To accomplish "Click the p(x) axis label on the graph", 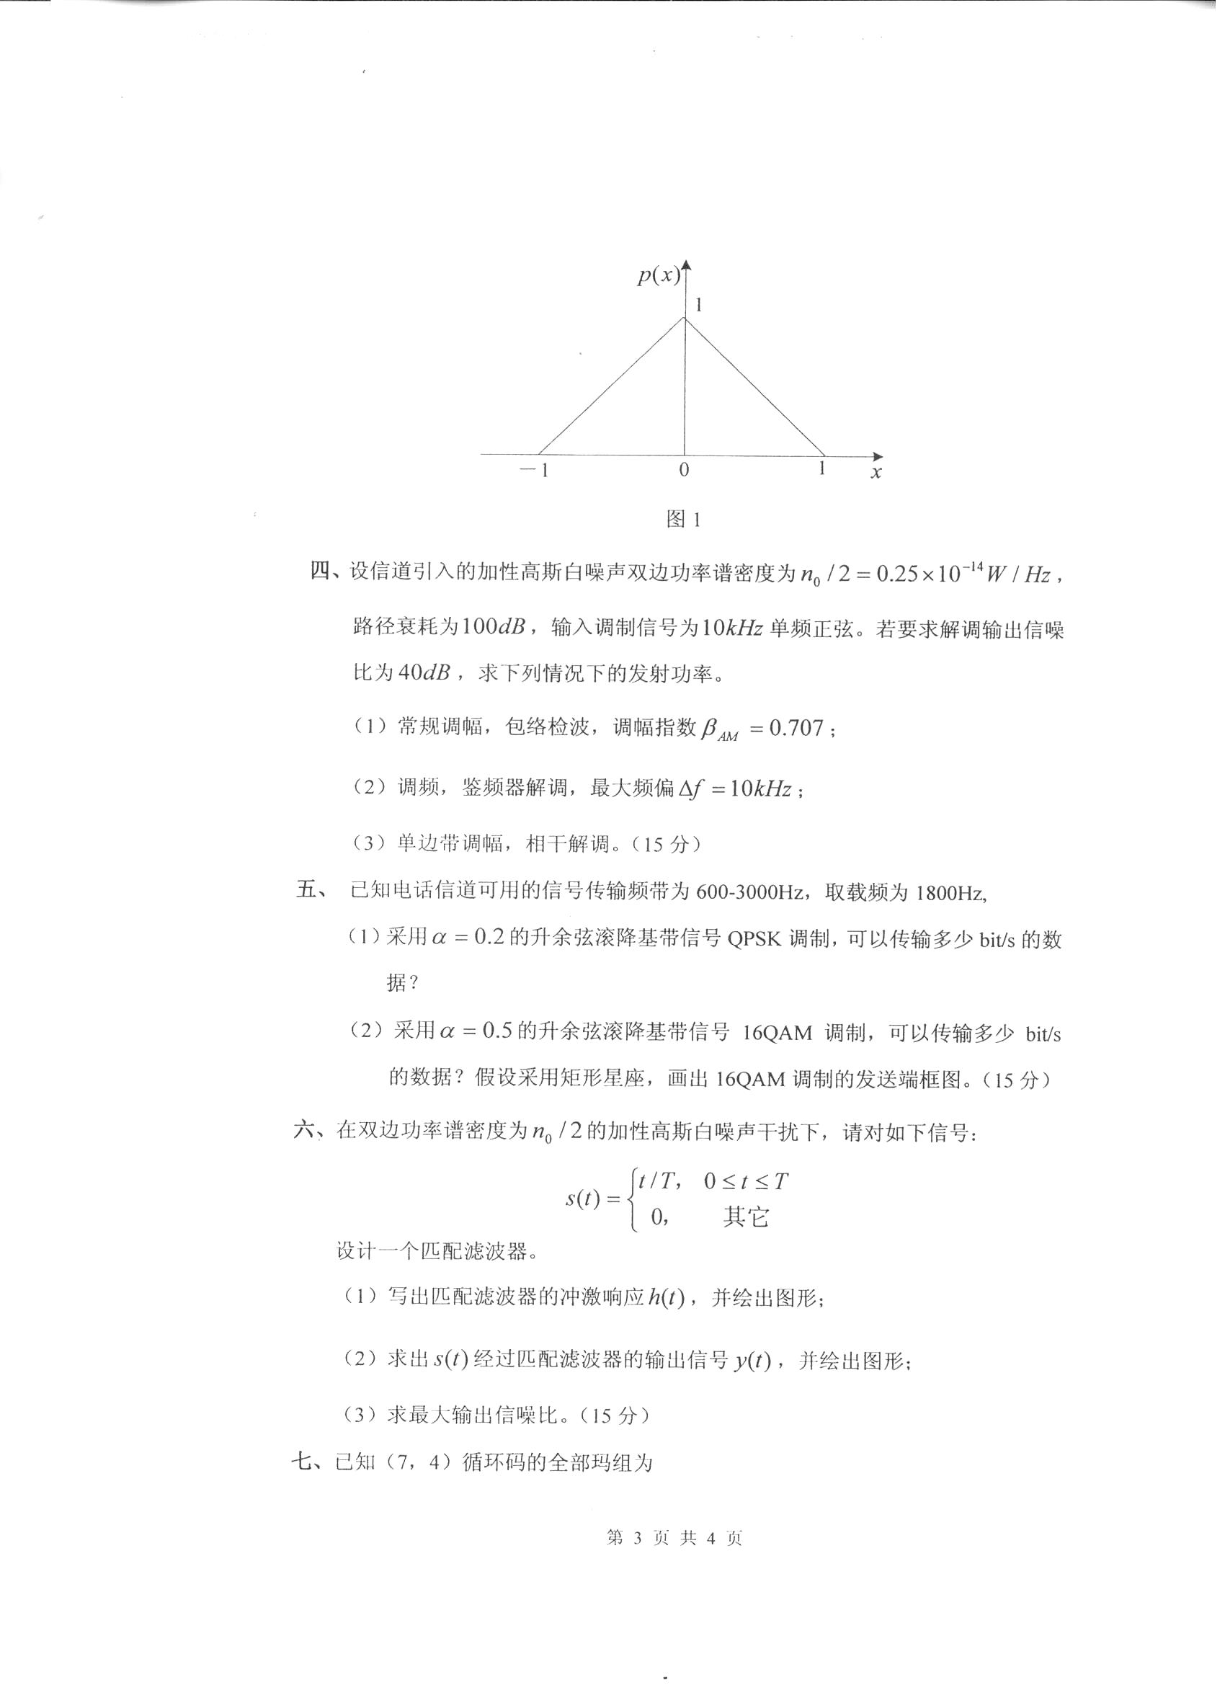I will (658, 275).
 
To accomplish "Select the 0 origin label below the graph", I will (683, 471).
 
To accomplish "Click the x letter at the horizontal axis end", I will (876, 473).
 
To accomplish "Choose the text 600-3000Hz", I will (749, 892).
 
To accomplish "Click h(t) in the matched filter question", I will (666, 1298).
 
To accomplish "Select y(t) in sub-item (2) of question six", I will (752, 1361).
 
